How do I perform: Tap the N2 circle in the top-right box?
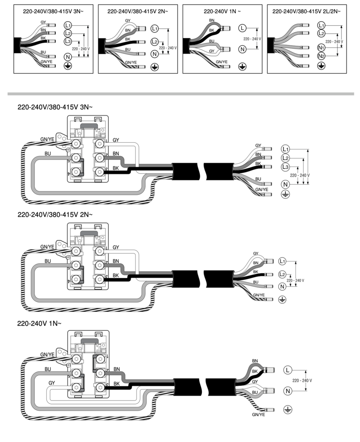[x=321, y=56]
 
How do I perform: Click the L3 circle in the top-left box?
[x=68, y=41]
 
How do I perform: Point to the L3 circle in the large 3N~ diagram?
[x=285, y=167]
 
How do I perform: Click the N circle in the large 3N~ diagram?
[x=285, y=184]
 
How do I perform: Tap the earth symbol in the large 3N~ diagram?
[x=285, y=194]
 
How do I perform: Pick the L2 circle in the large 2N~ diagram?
[x=283, y=274]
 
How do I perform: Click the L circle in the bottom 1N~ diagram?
[x=288, y=370]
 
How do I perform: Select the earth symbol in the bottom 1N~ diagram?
[x=288, y=410]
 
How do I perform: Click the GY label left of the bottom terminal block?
[x=52, y=383]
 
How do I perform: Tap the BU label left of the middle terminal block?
[x=48, y=261]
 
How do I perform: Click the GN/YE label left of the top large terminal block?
[x=47, y=138]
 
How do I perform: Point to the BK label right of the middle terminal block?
[x=116, y=275]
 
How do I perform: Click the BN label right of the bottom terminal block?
[x=117, y=369]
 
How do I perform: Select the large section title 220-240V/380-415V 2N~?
[x=55, y=215]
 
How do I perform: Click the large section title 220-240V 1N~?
[x=39, y=324]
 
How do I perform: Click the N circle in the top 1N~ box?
[x=242, y=50]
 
